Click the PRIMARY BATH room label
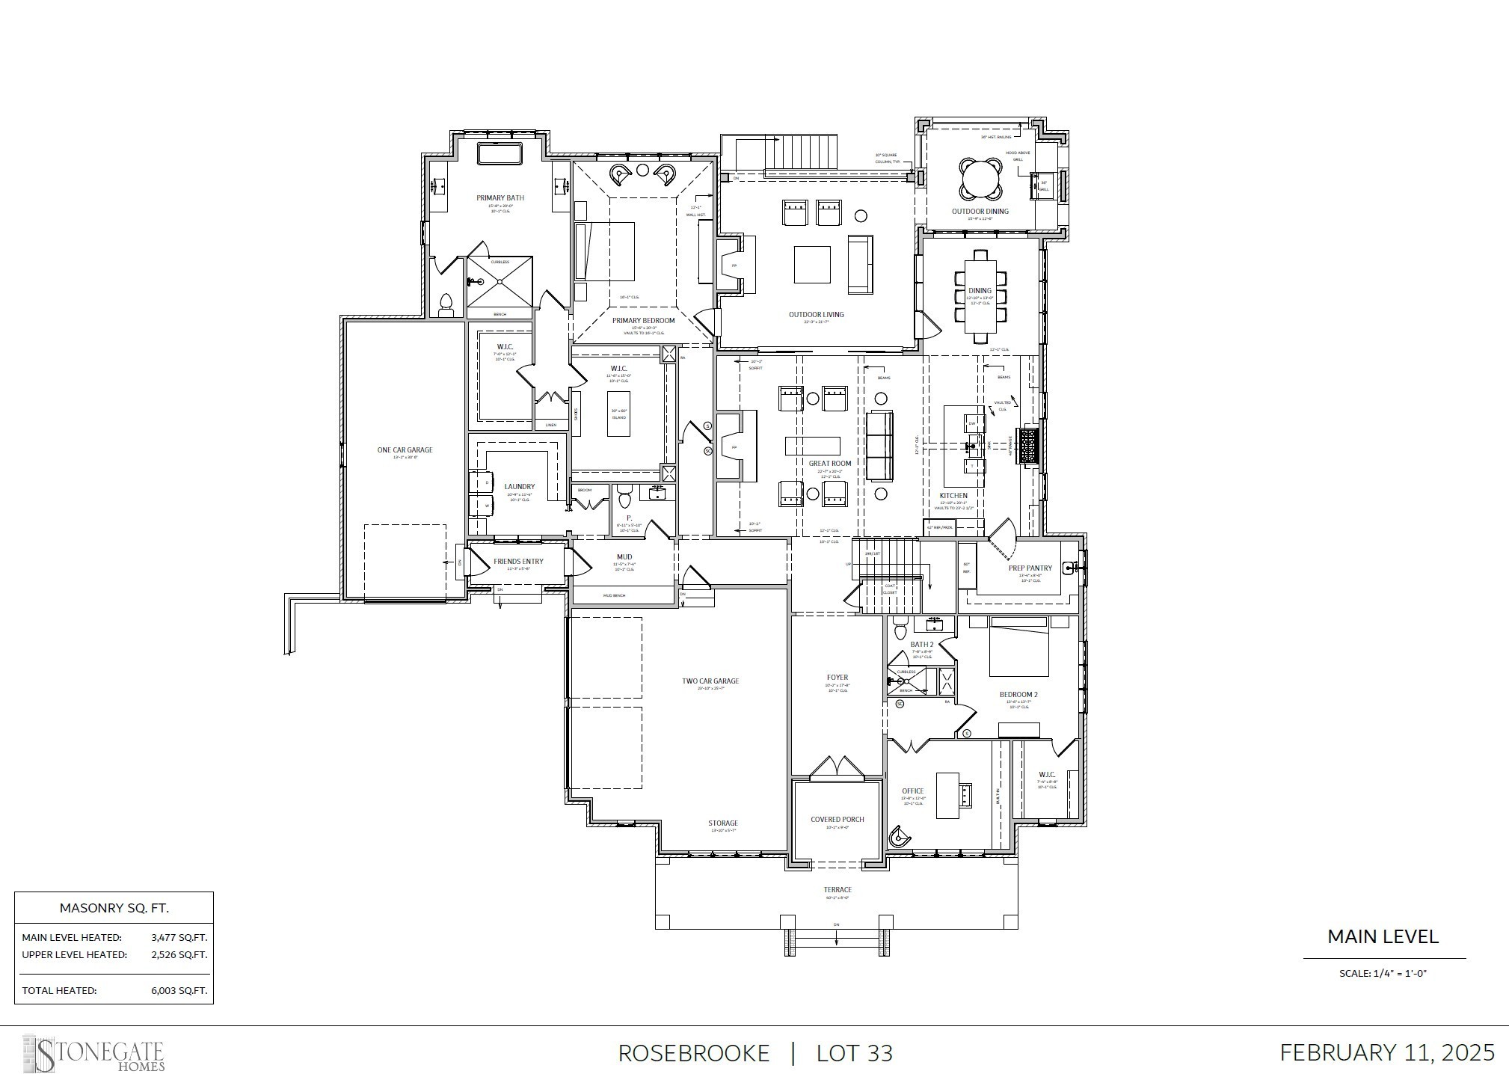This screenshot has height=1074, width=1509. pos(500,198)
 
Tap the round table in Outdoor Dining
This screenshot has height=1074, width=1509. pos(980,179)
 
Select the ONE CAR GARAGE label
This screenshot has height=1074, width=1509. pos(405,450)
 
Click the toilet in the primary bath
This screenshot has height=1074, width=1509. pos(446,303)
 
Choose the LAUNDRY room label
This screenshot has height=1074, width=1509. pos(519,487)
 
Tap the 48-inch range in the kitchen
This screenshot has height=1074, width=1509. pos(1029,446)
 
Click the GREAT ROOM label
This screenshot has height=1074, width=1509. pos(829,464)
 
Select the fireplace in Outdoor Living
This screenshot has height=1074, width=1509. pos(733,266)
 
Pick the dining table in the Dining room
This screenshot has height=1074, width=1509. pos(980,296)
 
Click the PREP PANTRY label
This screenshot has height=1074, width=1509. pos(1030,568)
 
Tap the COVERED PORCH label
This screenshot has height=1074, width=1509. pos(837,820)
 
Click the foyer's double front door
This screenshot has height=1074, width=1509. pos(838,768)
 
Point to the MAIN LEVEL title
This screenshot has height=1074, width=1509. pos(1383,936)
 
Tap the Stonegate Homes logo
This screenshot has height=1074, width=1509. pos(93,1053)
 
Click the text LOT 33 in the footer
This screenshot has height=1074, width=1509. pos(854,1053)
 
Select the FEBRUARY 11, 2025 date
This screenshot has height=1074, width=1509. pos(1386,1052)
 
